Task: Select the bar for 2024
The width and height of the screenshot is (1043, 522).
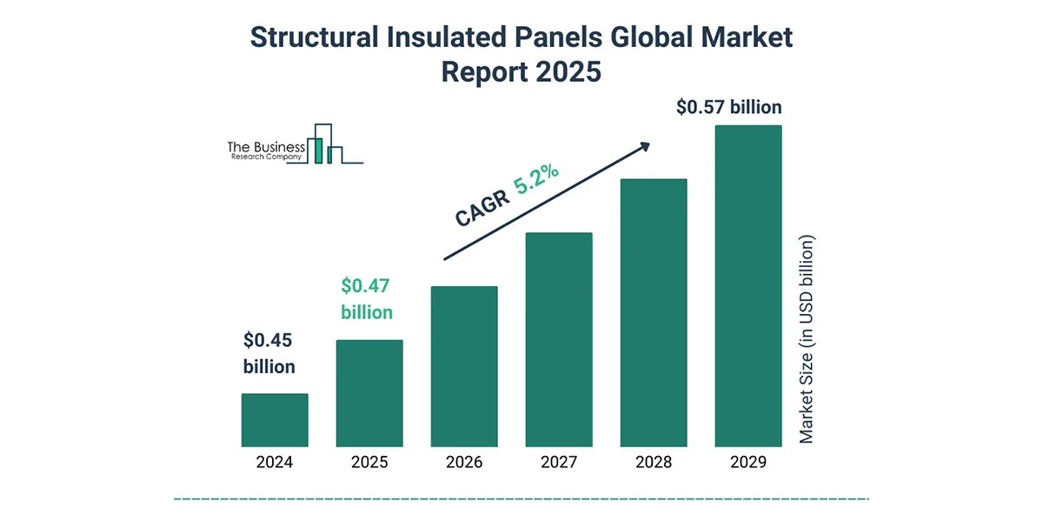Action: pos(275,419)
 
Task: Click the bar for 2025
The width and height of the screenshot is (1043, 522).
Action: pos(369,392)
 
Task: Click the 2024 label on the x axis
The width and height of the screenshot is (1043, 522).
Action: pos(275,462)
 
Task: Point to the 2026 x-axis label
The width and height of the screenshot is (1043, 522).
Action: pos(464,462)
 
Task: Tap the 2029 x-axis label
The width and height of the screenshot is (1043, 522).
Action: pos(748,462)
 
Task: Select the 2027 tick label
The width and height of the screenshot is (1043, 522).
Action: pos(559,462)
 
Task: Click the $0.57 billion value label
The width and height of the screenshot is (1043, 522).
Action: pos(728,108)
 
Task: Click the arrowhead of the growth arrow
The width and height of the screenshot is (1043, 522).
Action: pos(644,147)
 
